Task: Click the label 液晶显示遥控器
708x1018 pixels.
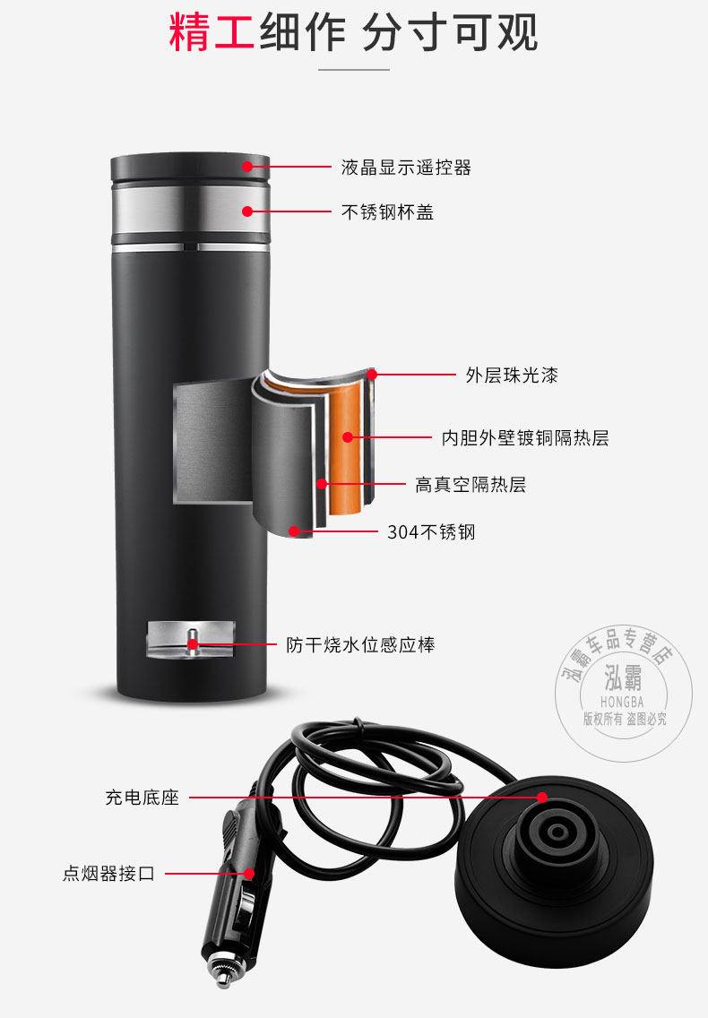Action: click(406, 167)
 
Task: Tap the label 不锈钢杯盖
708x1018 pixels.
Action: click(388, 212)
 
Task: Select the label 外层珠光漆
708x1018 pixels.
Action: click(512, 375)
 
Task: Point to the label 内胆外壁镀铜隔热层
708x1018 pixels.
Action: click(525, 438)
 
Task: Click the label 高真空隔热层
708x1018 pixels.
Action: click(470, 485)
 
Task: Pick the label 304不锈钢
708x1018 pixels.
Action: click(431, 532)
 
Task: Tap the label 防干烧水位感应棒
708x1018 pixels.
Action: click(360, 644)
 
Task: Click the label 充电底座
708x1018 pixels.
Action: click(142, 797)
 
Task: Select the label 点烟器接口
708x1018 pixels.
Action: click(108, 873)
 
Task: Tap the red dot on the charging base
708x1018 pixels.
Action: click(542, 796)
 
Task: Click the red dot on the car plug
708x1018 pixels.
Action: click(248, 873)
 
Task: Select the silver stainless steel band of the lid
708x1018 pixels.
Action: click(190, 210)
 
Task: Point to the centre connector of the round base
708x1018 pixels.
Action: click(555, 832)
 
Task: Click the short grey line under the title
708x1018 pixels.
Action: click(354, 69)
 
